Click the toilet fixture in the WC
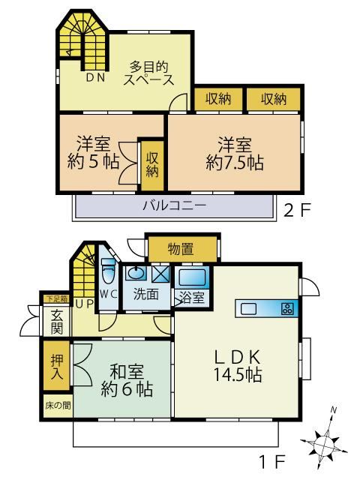pyautogui.click(x=108, y=271)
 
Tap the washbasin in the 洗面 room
pyautogui.click(x=134, y=273)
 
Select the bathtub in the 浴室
pyautogui.click(x=192, y=277)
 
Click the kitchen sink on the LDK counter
pyautogui.click(x=248, y=309)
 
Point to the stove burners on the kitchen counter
pyautogui.click(x=287, y=308)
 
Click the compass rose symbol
pyautogui.click(x=324, y=442)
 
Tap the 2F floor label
pyautogui.click(x=297, y=210)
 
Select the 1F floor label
pyautogui.click(x=271, y=461)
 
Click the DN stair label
pyautogui.click(x=95, y=78)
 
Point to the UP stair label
pyautogui.click(x=84, y=304)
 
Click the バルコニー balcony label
pyautogui.click(x=175, y=205)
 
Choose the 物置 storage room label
pyautogui.click(x=181, y=249)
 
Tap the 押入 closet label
pyautogui.click(x=57, y=367)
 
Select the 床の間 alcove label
pyautogui.click(x=58, y=406)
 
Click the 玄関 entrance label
pyautogui.click(x=57, y=322)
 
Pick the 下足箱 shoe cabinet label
pyautogui.click(x=57, y=299)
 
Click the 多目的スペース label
pyautogui.click(x=148, y=73)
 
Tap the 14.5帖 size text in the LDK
pyautogui.click(x=238, y=374)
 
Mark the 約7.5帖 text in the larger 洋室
pyautogui.click(x=235, y=162)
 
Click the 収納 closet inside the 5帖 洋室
pyautogui.click(x=152, y=165)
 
